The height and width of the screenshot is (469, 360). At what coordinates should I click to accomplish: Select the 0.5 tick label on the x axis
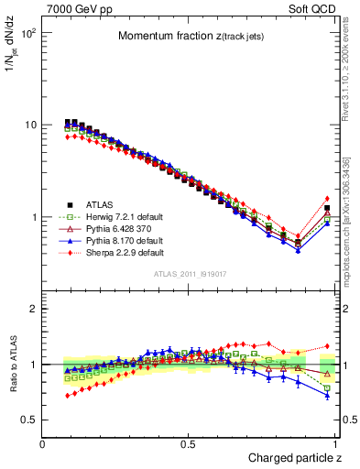[x=189, y=443]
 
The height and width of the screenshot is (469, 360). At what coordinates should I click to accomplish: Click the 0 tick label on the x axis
[x=42, y=443]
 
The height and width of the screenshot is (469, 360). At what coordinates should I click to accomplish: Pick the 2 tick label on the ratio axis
[x=33, y=309]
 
